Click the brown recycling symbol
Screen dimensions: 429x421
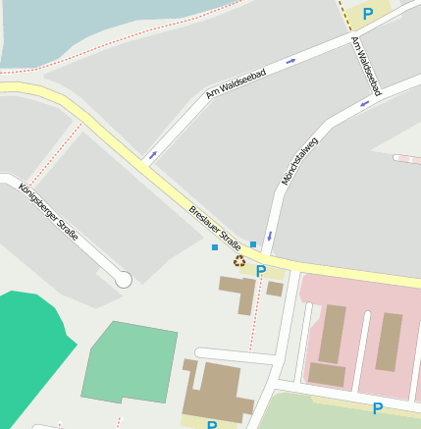(238, 260)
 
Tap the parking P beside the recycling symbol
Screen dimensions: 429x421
(261, 271)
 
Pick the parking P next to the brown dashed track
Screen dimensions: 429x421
(368, 14)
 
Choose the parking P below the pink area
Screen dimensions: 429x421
(377, 408)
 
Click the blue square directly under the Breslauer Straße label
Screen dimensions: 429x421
(215, 247)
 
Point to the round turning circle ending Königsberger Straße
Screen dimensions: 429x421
(124, 280)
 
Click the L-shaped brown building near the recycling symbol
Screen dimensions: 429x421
(238, 292)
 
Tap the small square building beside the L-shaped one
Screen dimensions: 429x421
(275, 290)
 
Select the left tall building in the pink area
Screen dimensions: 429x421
(333, 333)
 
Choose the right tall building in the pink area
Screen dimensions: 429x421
(389, 341)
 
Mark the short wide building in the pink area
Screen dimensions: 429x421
(327, 374)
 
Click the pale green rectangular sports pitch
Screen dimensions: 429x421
(131, 362)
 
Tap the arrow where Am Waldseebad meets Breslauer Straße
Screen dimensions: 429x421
(152, 154)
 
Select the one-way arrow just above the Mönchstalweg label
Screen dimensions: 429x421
(364, 102)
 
